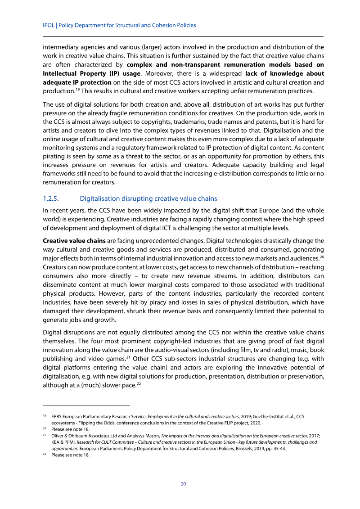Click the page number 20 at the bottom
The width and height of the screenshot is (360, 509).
tap(183, 484)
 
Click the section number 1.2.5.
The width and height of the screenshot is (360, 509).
tap(52, 198)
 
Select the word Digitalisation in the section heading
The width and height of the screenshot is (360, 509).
tap(100, 198)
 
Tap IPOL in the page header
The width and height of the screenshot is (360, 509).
tap(48, 26)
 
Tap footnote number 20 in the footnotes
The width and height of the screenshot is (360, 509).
tap(45, 429)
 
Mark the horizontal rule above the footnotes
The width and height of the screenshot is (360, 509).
tap(85, 405)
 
